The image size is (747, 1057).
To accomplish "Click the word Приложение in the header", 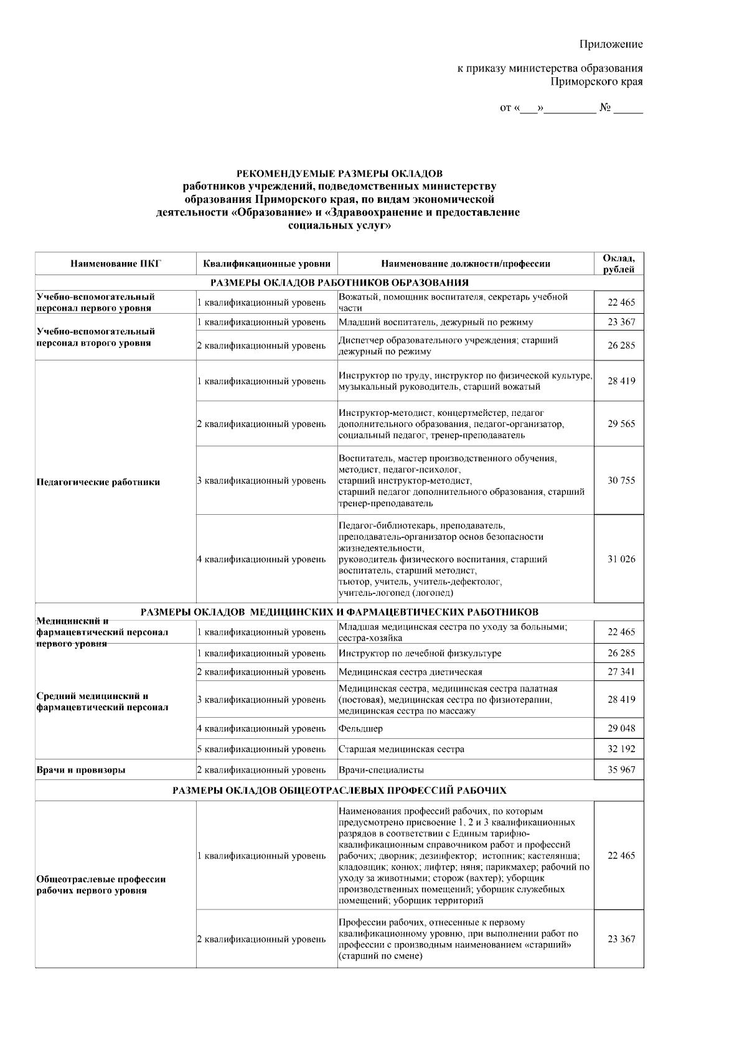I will (611, 44).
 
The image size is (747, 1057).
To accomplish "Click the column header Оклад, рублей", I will (619, 263).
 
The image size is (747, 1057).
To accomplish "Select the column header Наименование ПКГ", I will (116, 263).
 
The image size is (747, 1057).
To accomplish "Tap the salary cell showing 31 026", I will (621, 559).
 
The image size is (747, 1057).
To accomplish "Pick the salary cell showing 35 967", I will (621, 770).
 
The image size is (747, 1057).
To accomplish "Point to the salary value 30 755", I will (621, 481).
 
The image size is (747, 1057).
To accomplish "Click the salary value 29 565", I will (621, 424).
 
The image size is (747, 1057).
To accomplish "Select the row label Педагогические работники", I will (98, 482).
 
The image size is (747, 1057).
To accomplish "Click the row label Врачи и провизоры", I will (81, 770).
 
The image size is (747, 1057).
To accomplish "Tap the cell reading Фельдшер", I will (361, 728).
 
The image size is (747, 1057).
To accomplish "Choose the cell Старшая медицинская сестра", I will (402, 749).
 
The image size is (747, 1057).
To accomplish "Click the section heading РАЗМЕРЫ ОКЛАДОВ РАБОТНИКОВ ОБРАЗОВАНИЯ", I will (339, 283).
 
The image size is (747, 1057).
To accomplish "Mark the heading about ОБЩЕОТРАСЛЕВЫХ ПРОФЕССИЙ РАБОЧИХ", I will (339, 791).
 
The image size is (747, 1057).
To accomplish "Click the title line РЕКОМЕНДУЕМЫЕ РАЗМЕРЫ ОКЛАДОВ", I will (339, 172).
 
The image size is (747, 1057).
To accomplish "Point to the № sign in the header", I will (605, 108).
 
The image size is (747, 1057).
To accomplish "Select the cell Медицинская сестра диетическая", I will (410, 672).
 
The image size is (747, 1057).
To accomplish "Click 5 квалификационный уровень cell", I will (261, 749).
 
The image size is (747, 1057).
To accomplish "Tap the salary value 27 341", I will (621, 672).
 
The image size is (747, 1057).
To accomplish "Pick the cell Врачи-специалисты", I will (381, 770).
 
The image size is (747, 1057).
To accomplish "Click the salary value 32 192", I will (621, 749).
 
